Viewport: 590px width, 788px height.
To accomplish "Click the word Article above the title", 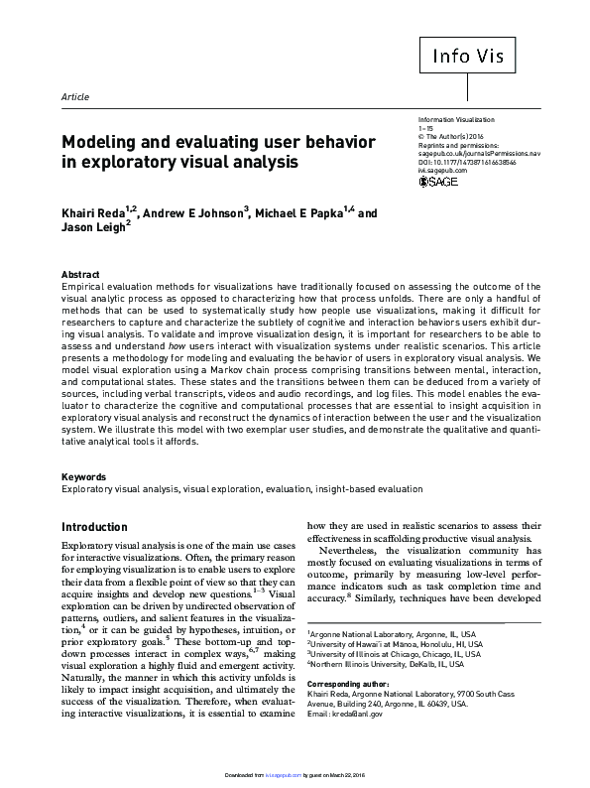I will click(x=75, y=97).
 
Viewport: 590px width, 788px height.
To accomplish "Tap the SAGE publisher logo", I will click(x=439, y=183).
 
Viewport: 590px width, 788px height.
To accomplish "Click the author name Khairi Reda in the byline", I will click(x=97, y=213).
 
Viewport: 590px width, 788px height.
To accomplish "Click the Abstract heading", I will click(x=80, y=274).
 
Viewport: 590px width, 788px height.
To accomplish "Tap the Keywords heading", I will click(x=83, y=477).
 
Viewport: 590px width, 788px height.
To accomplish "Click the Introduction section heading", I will click(x=108, y=527).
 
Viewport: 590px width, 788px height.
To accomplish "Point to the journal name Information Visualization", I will click(x=460, y=118).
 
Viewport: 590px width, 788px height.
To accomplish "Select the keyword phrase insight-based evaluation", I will click(x=372, y=489).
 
